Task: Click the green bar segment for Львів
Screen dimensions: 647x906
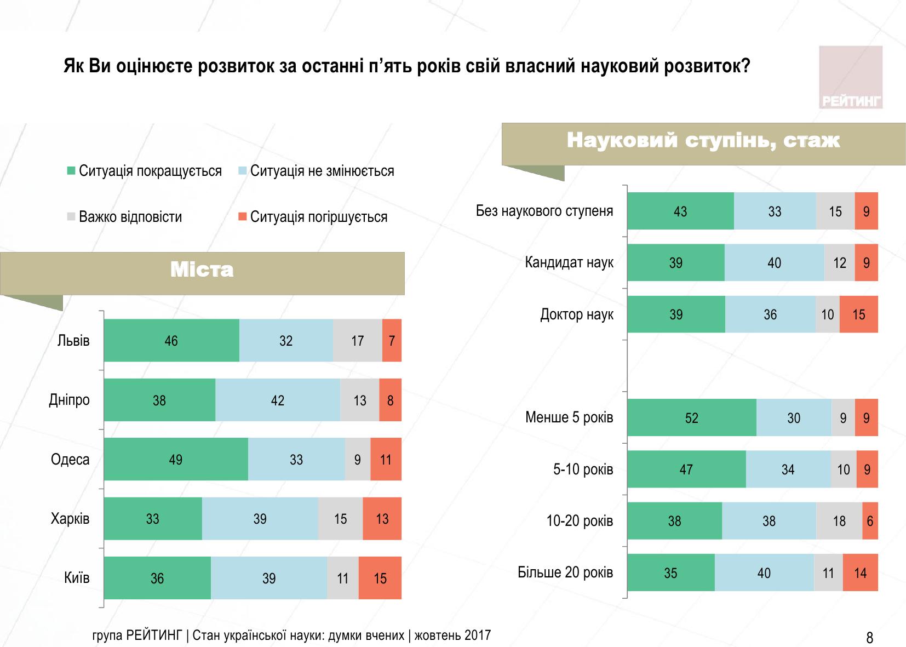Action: [171, 340]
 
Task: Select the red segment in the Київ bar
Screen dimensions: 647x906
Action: [380, 578]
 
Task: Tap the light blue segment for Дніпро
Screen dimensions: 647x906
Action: [278, 400]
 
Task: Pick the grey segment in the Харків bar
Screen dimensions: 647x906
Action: [340, 519]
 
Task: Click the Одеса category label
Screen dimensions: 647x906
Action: [70, 459]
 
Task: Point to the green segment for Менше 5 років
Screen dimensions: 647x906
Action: [691, 418]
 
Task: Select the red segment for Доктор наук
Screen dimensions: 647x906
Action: [858, 314]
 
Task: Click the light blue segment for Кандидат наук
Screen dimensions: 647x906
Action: [774, 263]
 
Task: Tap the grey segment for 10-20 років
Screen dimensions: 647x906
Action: [839, 521]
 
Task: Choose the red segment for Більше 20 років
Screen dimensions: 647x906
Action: [860, 573]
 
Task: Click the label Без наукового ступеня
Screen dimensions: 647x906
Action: [544, 211]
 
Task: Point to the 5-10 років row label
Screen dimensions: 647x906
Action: [583, 469]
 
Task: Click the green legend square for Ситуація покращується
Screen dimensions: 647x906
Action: [71, 171]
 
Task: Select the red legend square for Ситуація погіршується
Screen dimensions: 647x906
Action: [242, 217]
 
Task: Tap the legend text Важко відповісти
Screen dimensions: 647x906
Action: [130, 217]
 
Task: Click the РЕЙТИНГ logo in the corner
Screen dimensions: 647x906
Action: [851, 77]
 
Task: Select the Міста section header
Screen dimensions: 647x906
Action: [202, 270]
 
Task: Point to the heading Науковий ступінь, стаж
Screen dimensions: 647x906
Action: [703, 141]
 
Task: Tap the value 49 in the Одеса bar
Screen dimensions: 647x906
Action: [175, 459]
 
